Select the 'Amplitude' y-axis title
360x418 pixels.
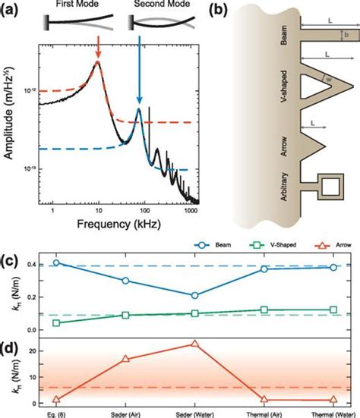click(10, 126)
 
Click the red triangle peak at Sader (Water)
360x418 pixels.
click(195, 344)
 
